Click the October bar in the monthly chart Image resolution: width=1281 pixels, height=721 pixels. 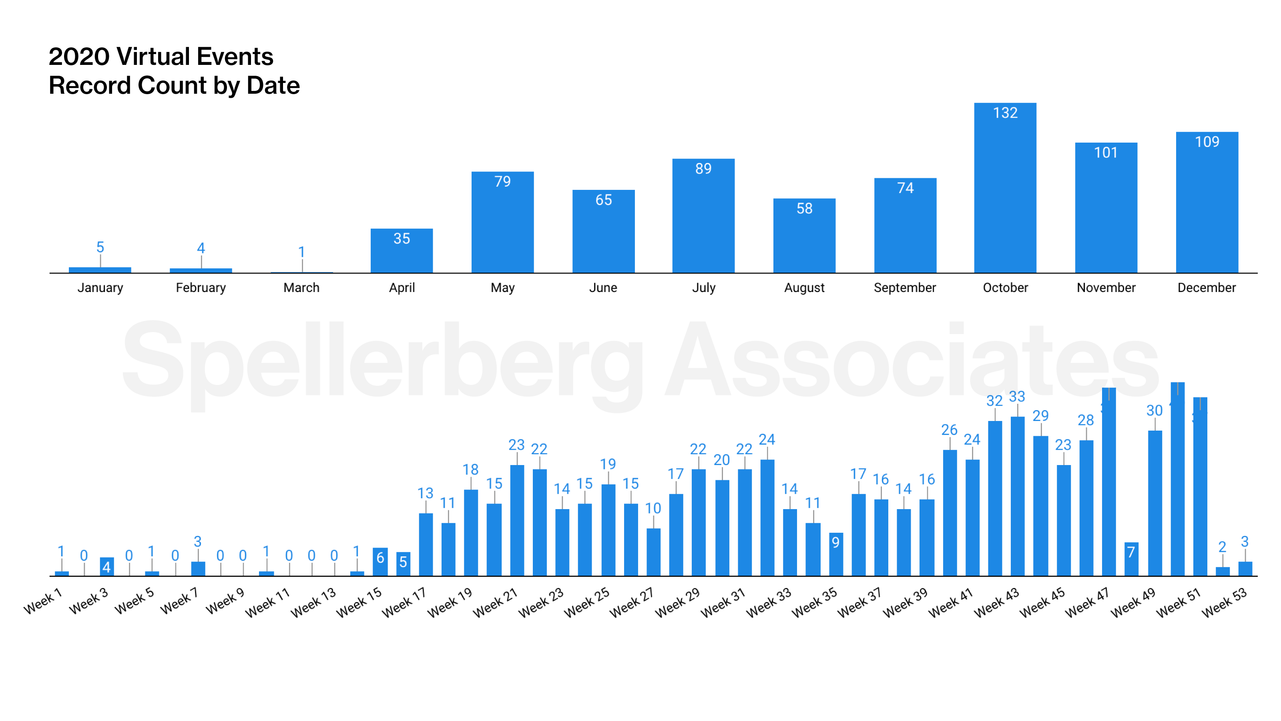pos(1005,194)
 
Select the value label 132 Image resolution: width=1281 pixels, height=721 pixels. pos(1005,113)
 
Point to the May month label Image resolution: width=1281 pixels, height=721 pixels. pos(502,288)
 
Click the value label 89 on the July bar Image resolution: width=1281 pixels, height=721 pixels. pos(703,169)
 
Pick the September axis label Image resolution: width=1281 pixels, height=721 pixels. pos(905,288)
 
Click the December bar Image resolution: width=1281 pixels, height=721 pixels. pos(1207,209)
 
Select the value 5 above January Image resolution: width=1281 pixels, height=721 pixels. pos(100,247)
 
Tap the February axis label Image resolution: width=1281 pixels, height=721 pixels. pos(201,288)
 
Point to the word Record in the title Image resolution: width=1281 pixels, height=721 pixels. pos(90,86)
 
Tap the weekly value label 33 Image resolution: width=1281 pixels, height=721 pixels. pos(1017,397)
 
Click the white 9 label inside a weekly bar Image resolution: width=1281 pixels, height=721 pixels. pos(836,542)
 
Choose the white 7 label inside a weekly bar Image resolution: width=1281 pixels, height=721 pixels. pos(1131,552)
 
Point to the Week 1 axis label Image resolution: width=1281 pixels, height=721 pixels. pos(42,601)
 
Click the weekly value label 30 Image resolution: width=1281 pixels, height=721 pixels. pos(1154,411)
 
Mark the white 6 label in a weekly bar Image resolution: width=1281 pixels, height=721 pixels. pos(380,558)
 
